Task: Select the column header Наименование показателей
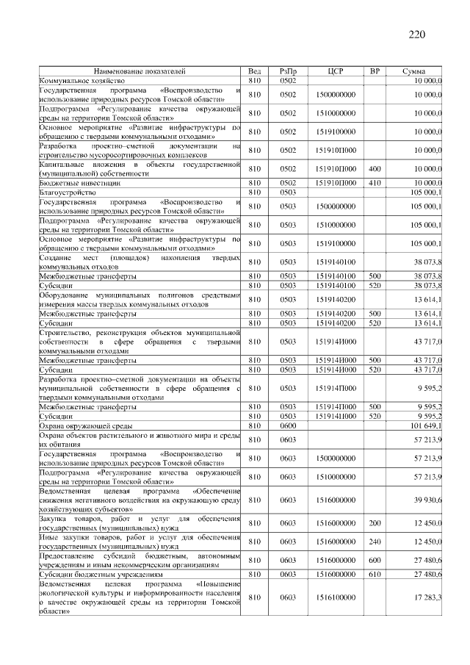139,71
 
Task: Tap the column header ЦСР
335,71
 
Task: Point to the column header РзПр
287,71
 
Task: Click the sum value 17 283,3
428,598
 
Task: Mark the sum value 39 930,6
428,500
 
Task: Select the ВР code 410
375,182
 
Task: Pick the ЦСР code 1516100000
335,598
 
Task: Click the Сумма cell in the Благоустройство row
426,191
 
